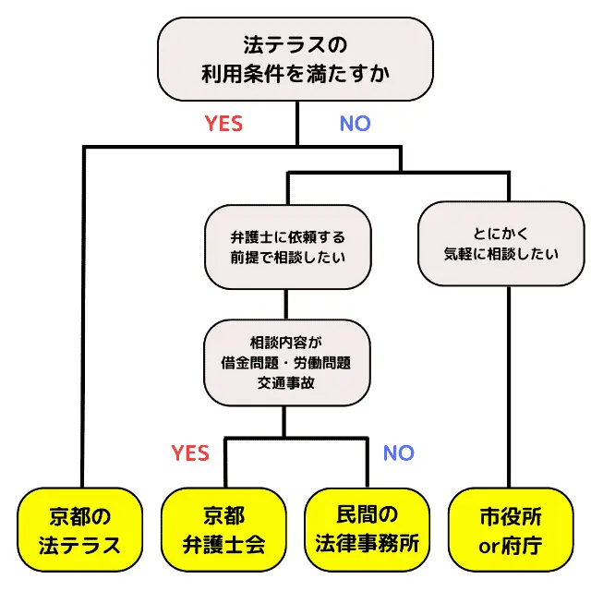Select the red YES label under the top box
[x=223, y=124]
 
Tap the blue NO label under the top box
[x=355, y=124]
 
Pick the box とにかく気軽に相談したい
[x=501, y=243]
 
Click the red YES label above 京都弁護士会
[x=190, y=453]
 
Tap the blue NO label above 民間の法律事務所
[x=398, y=453]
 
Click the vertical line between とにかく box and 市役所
[x=510, y=388]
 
